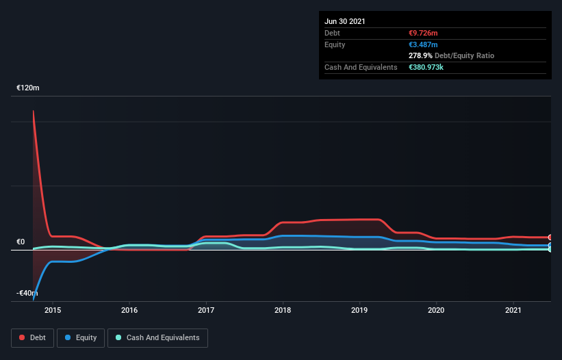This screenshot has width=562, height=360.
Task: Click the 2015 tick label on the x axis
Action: (x=53, y=310)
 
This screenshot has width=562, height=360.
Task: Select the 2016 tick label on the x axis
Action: (x=129, y=310)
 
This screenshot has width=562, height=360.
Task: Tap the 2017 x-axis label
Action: (x=206, y=310)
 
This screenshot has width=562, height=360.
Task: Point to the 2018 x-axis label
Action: (x=283, y=310)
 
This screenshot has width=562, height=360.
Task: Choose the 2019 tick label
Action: (x=359, y=310)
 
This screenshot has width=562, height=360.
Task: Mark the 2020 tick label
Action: (x=436, y=310)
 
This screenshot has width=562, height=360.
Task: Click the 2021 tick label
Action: (x=513, y=310)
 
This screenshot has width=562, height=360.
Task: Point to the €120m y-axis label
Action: (x=28, y=88)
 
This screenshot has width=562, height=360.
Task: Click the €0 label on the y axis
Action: (x=21, y=242)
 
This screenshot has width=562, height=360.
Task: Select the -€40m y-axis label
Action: (x=28, y=293)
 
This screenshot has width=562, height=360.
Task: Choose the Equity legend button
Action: (x=81, y=337)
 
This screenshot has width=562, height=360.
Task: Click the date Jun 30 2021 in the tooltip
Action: (x=345, y=21)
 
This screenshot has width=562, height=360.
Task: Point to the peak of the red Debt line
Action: (x=33, y=111)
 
